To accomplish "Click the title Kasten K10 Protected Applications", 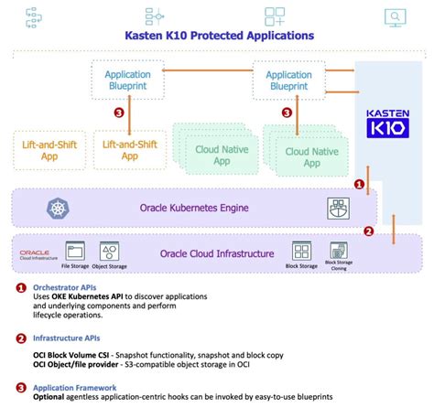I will (219, 36).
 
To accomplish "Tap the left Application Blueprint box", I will (128, 81).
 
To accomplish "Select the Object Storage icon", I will (109, 250).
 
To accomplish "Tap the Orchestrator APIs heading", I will (65, 286).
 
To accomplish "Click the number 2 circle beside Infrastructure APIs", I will (20, 338).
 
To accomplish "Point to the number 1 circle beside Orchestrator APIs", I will (20, 287).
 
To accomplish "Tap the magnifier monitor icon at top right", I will (395, 16).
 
